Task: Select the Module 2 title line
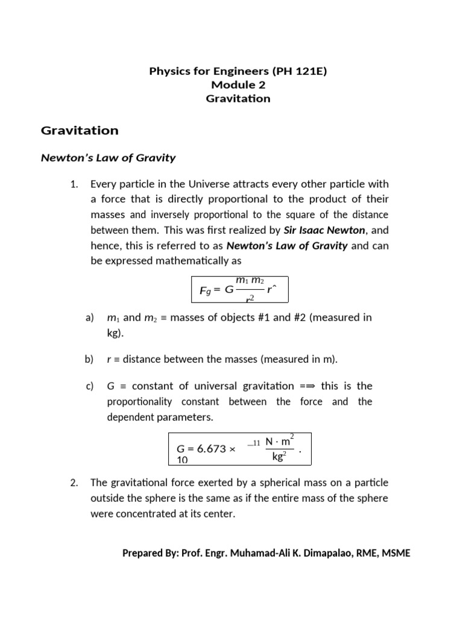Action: [x=238, y=85]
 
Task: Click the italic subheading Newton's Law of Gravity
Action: [x=107, y=158]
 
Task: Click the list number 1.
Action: [x=74, y=184]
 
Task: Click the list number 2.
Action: [x=74, y=482]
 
